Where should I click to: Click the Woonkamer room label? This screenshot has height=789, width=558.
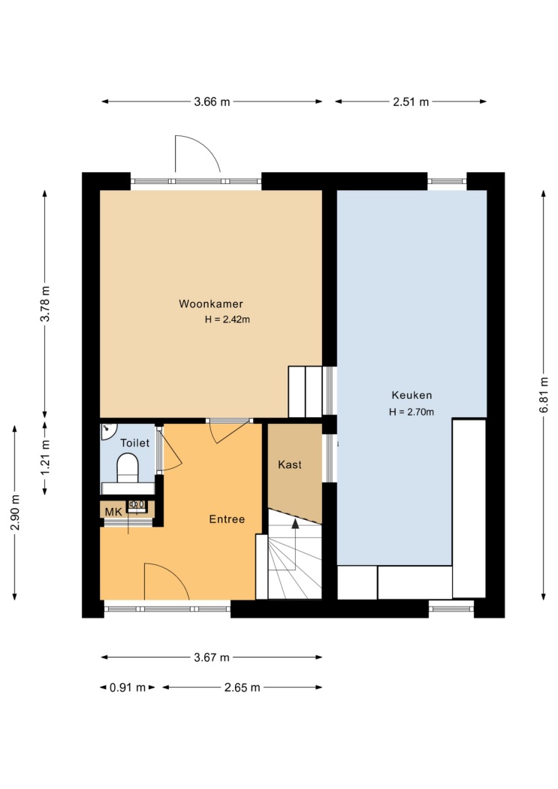tap(211, 304)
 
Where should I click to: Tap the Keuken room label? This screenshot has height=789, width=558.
tap(412, 395)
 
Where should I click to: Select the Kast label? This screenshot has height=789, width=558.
tap(290, 464)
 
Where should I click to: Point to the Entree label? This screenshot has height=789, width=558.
tap(228, 519)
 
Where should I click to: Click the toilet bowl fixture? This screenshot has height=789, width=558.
tap(128, 467)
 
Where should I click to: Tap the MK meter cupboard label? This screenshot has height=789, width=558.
tap(113, 512)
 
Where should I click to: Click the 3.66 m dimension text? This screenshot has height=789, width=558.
tap(212, 102)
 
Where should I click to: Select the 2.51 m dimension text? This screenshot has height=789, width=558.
tap(411, 102)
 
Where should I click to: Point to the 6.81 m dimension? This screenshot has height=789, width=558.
tap(544, 395)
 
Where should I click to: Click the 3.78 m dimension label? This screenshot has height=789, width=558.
tap(46, 304)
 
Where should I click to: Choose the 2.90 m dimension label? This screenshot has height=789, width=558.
tap(16, 512)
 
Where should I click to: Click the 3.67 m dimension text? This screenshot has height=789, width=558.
tap(212, 657)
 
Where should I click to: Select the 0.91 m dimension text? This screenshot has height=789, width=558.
tap(128, 688)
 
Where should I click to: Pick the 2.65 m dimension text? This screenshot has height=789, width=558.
tap(243, 688)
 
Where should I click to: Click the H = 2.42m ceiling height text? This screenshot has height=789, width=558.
tap(228, 319)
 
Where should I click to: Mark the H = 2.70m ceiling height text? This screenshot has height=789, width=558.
tap(412, 412)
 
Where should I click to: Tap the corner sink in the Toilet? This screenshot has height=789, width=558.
tap(107, 431)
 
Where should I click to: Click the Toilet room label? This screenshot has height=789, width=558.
tap(134, 443)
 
